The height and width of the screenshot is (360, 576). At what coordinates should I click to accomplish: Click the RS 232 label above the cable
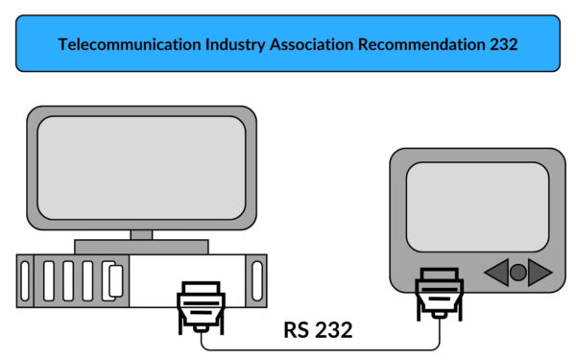coord(318,330)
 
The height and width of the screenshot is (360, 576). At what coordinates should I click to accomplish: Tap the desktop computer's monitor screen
coord(141,167)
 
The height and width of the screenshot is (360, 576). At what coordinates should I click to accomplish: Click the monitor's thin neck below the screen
coord(141,234)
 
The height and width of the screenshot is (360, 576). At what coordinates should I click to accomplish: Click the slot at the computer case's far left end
coord(25,280)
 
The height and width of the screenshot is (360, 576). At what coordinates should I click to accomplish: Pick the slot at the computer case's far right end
coord(255,280)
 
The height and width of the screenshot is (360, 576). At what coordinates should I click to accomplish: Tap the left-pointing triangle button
coord(497,273)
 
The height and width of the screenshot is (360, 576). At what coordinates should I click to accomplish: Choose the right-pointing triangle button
coord(540,273)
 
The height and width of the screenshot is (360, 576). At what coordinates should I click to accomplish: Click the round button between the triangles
coord(518,273)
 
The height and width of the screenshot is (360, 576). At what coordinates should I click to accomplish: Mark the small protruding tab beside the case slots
coord(116,280)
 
